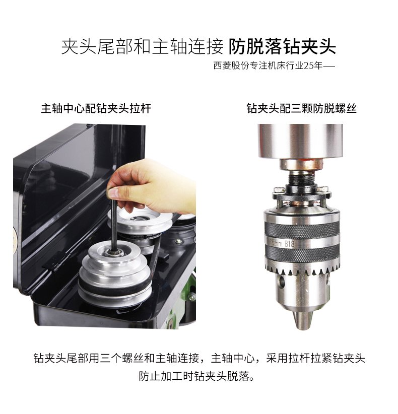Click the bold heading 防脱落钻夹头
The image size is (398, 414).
click(282, 47)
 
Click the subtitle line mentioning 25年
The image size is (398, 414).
click(274, 65)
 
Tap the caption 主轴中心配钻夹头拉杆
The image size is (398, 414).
click(96, 108)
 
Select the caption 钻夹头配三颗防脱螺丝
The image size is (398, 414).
click(301, 108)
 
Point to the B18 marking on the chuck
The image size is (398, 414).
click(290, 243)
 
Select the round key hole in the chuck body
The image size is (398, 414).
click(281, 281)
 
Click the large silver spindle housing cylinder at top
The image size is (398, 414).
click(300, 141)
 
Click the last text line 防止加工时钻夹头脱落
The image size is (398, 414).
click(197, 376)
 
